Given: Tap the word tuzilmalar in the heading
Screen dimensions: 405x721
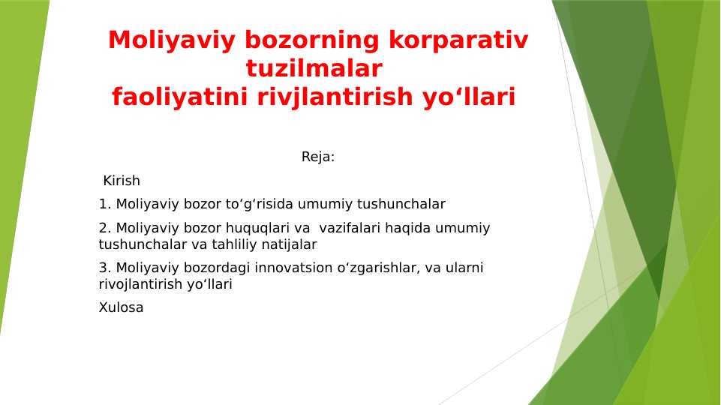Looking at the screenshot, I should [x=314, y=69].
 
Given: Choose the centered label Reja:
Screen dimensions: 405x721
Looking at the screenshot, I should [x=318, y=157].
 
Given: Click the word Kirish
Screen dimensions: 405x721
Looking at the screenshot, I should [x=122, y=181].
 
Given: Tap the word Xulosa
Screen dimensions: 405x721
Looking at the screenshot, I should [x=121, y=307].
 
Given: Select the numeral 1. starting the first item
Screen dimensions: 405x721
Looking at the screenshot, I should [x=105, y=204].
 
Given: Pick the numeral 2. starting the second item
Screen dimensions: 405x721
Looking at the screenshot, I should [x=105, y=228].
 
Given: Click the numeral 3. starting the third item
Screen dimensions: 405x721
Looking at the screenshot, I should [x=105, y=268].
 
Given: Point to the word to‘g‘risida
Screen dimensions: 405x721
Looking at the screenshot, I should [x=261, y=204].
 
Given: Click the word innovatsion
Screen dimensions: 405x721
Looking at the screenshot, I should [x=290, y=268].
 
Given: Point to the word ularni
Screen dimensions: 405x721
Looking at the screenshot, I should [x=464, y=268].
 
